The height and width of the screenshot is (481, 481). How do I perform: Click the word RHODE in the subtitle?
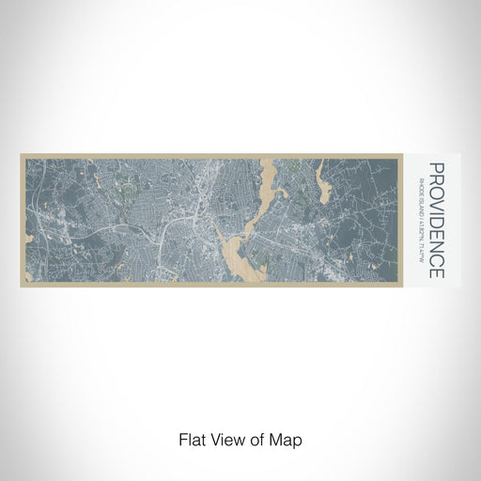[x=420, y=173]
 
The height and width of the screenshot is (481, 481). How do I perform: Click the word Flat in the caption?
[x=193, y=439]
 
